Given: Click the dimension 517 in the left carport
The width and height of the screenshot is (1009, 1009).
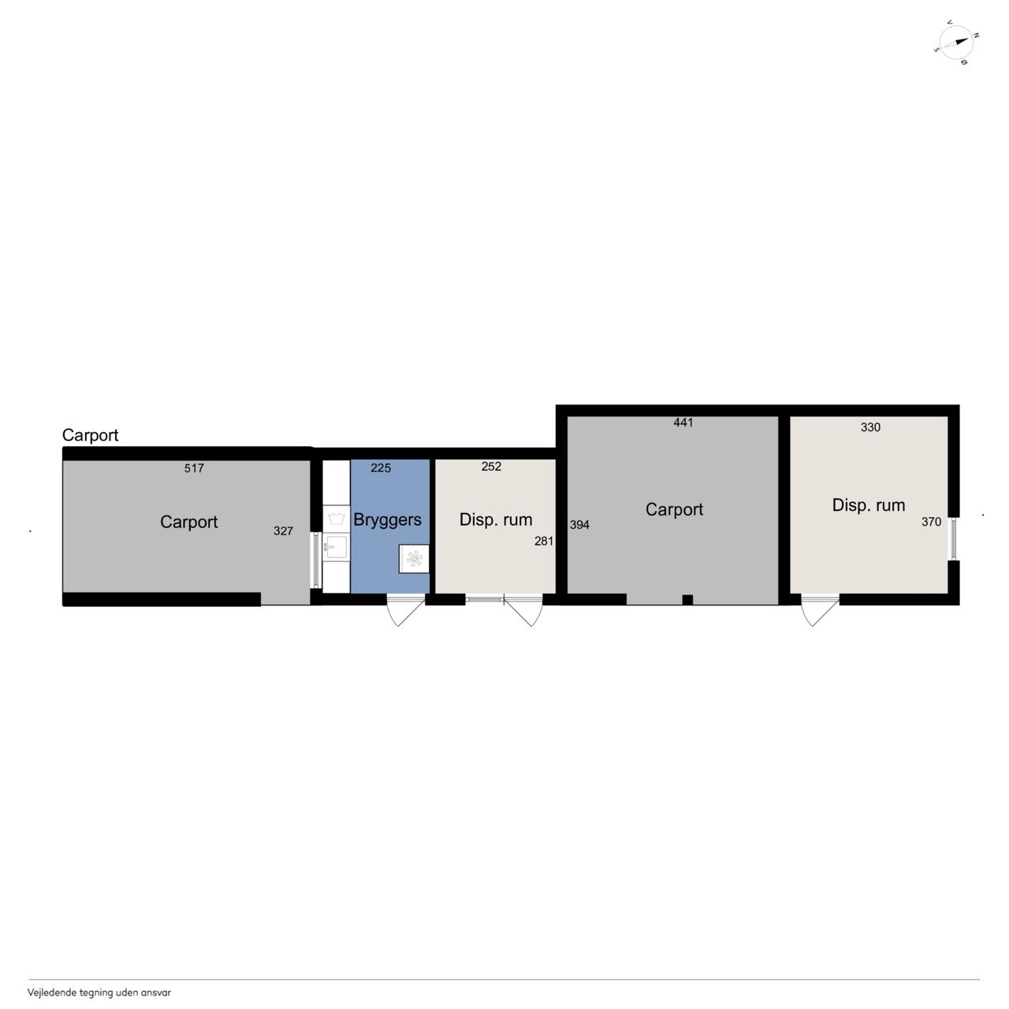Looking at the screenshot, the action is tap(194, 468).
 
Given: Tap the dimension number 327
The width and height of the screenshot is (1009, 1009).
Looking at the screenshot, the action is tap(283, 531).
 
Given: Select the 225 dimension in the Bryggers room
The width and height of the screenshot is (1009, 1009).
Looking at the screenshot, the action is tap(381, 468).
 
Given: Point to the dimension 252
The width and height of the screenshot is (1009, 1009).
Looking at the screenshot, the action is tap(491, 467).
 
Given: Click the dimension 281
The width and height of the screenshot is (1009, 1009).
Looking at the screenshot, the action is tap(543, 541).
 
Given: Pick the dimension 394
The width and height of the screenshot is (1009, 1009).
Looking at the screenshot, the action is tap(579, 525).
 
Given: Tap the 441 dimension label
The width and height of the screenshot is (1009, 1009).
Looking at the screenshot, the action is tap(683, 423).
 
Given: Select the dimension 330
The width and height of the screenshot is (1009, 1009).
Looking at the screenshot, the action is tap(870, 427).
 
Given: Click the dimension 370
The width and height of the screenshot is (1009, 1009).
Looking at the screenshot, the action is tap(931, 522).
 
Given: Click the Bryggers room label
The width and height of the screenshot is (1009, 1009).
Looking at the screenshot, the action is tap(388, 520).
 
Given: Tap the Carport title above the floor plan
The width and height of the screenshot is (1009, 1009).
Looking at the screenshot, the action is tap(90, 435).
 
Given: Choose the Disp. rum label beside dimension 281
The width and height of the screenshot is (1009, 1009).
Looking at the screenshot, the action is tap(496, 519).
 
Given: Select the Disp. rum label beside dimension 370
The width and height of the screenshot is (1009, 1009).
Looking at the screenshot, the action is tap(869, 505).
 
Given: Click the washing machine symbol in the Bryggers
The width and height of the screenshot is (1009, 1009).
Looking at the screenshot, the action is tap(336, 519).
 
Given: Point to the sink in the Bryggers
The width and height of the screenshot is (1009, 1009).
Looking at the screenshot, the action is tap(336, 548).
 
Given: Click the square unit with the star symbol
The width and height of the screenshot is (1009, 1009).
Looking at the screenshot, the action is tap(414, 559).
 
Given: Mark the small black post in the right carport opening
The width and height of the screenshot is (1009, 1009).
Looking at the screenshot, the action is tap(687, 600).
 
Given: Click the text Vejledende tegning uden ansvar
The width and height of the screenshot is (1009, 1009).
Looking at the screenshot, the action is tap(99, 992).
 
